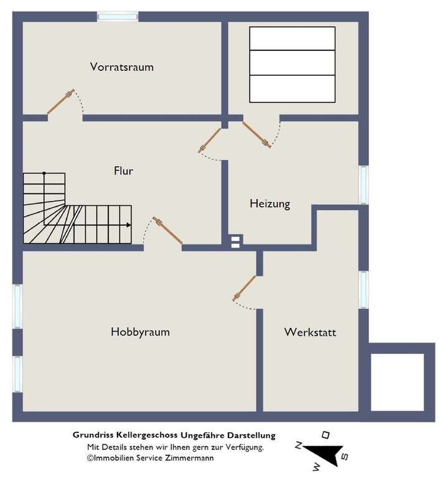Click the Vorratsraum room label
[121, 67]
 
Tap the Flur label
[123, 170]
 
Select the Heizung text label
[269, 203]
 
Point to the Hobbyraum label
[140, 332]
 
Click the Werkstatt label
[310, 332]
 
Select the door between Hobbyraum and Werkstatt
[245, 289]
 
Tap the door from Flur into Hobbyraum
[168, 231]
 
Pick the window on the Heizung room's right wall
[363, 185]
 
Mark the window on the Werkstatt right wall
[363, 289]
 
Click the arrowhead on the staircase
[129, 225]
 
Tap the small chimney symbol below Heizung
[235, 241]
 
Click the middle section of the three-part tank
[292, 63]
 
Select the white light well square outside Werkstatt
[397, 382]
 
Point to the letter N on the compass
[299, 445]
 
